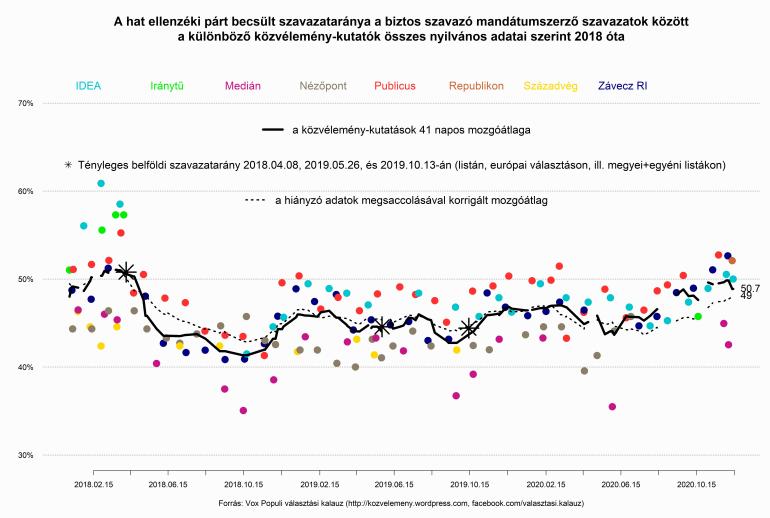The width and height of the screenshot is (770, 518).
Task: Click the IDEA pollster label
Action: click(87, 86)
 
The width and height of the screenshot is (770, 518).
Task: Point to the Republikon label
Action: click(490, 86)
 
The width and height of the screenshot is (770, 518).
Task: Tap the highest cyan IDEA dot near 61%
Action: click(101, 183)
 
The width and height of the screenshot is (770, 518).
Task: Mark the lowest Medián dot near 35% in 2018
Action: click(243, 410)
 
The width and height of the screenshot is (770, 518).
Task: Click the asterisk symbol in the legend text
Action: click(68, 164)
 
